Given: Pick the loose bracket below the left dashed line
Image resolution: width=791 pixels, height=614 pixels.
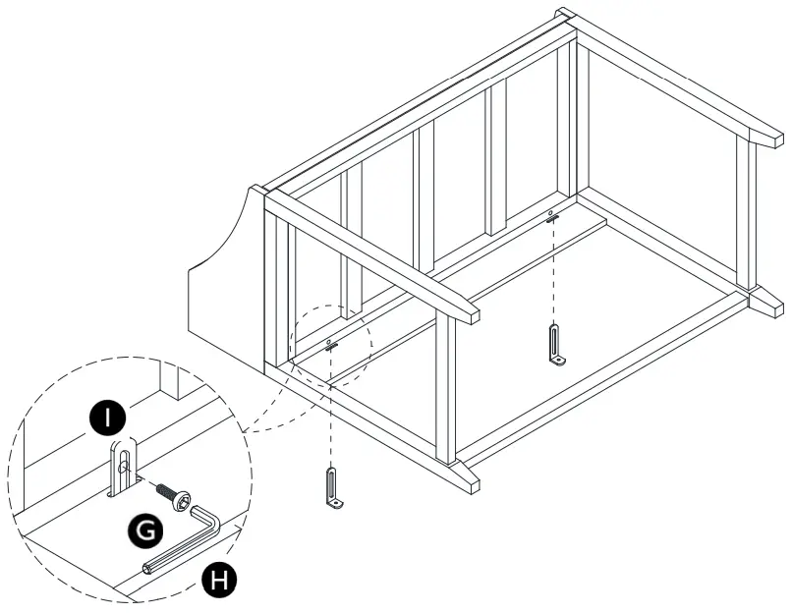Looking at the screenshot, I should pyautogui.click(x=334, y=489).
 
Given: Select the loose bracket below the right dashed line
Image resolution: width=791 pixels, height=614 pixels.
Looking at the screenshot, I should pyautogui.click(x=557, y=348).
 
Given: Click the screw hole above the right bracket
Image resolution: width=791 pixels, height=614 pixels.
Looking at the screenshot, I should pyautogui.click(x=551, y=212).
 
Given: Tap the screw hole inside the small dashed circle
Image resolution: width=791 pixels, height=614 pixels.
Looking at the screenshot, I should pyautogui.click(x=329, y=341).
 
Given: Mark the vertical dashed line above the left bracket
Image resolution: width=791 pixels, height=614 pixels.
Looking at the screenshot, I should pyautogui.click(x=332, y=408).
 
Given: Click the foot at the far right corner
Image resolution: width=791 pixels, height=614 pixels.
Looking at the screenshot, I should pyautogui.click(x=765, y=300).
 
